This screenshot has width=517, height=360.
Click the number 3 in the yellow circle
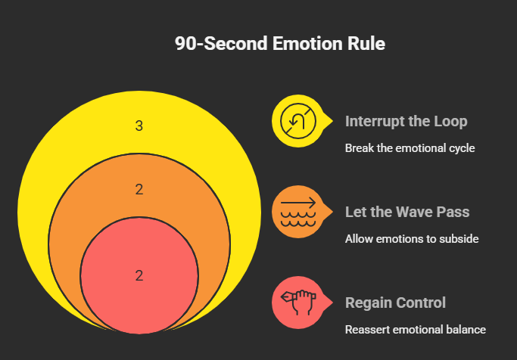pos(139,126)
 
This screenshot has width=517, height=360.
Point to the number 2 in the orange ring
pos(139,190)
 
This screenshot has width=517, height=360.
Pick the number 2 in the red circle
pos(139,276)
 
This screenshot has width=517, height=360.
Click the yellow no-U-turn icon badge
pos(295,120)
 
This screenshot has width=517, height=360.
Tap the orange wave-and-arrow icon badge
pos(295,211)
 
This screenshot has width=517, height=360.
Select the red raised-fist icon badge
pos(295,302)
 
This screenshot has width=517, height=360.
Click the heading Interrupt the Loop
pos(406,122)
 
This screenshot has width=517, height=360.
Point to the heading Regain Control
pos(395,303)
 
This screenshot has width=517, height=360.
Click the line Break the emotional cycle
pos(410,148)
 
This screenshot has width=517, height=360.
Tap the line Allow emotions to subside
pos(412,239)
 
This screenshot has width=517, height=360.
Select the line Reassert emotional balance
pos(415,330)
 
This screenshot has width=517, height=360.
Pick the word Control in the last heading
pos(420,303)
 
